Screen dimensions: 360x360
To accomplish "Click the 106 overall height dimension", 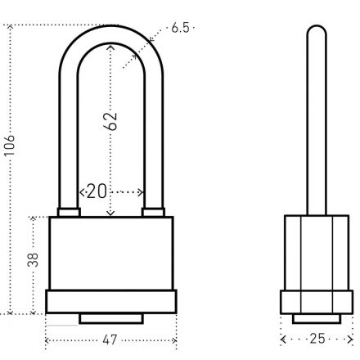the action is click(x=10, y=145).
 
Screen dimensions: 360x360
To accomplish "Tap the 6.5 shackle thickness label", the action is click(x=180, y=28).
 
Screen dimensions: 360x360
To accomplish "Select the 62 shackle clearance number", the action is click(x=110, y=121).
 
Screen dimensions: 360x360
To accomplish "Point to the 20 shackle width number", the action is click(x=97, y=191).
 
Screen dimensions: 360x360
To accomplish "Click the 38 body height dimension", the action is click(x=33, y=260).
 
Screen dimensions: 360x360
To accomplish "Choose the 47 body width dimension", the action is click(x=110, y=340).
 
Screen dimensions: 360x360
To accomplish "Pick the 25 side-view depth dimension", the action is click(x=317, y=339).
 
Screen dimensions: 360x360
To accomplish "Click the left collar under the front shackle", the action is click(x=69, y=212).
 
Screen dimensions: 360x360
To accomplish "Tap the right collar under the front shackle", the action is click(x=153, y=212).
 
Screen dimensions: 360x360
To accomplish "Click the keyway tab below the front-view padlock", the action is click(x=111, y=318).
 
